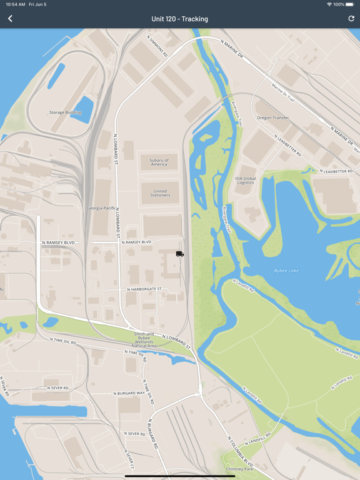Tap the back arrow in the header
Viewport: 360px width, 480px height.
(10, 19)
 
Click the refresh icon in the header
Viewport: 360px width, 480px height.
(351, 19)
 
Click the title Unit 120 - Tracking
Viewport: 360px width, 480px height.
(180, 19)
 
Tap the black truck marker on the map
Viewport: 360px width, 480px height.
(180, 254)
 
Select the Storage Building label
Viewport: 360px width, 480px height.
(66, 112)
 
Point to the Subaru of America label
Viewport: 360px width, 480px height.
(159, 162)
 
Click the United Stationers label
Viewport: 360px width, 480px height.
(161, 193)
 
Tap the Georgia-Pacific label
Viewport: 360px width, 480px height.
(101, 207)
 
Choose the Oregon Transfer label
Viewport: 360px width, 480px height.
(272, 117)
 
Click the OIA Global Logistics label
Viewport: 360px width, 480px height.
(246, 180)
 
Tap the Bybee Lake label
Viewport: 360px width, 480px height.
(287, 271)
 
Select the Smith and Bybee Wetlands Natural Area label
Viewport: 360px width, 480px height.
(144, 339)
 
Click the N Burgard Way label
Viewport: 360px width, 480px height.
(129, 393)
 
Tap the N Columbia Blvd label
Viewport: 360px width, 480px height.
(240, 451)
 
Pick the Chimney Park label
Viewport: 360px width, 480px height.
(240, 469)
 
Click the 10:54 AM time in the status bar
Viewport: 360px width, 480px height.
(16, 4)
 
